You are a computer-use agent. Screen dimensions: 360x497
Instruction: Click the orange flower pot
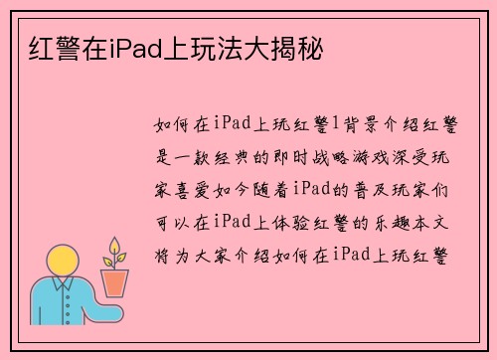[115, 282]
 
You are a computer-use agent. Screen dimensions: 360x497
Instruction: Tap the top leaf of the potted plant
[115, 245]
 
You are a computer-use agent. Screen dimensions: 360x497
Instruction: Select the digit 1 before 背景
[335, 125]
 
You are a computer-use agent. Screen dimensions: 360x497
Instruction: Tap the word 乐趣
[396, 221]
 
